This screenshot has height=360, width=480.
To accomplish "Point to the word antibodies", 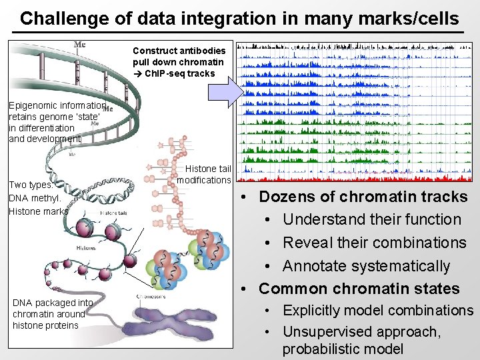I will [203, 51].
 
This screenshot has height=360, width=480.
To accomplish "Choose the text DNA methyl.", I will [35, 198].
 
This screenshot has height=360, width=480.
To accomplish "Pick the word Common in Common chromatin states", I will [293, 289].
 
